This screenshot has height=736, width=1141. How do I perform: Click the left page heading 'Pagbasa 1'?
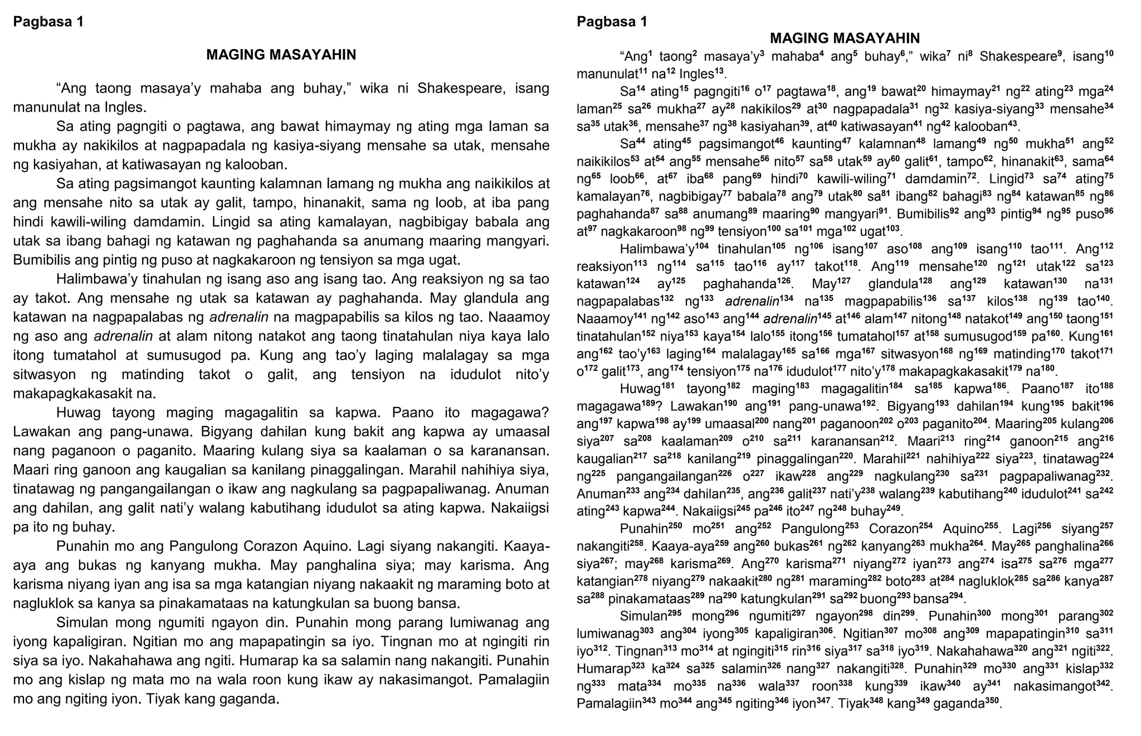click(x=48, y=22)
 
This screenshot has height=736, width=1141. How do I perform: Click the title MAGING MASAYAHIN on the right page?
click(x=845, y=38)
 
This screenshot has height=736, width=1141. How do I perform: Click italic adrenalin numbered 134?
click(x=752, y=302)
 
